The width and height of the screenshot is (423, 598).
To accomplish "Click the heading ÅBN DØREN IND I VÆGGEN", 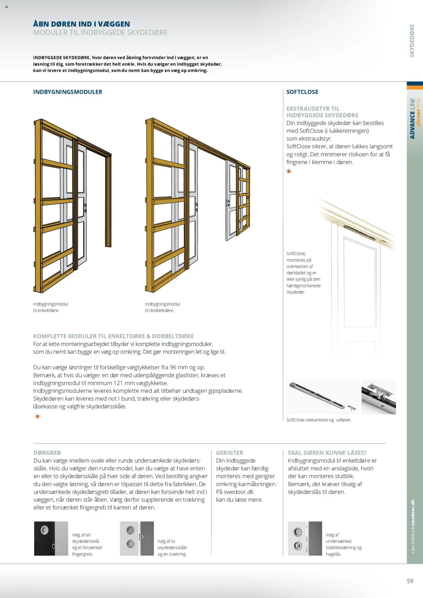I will pos(81,24).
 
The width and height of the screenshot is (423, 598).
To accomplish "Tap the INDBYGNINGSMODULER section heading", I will pos(68,92).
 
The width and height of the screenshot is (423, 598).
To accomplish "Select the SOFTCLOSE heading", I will pos(302,92).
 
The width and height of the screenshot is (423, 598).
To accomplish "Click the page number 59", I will pos(410,581).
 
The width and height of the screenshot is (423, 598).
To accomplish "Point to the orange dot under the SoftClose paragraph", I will pos(289,171).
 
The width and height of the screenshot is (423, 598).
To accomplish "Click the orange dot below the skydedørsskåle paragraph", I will pos(38,416).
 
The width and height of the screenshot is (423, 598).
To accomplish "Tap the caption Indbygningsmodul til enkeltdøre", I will pos(50,307).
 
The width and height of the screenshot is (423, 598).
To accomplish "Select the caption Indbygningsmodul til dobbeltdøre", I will pos(162,307).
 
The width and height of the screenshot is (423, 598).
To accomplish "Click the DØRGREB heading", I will pos(47,453).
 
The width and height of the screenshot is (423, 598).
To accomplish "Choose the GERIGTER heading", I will pos(230,453).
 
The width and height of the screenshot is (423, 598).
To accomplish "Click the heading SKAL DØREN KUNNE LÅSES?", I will pos(327,453).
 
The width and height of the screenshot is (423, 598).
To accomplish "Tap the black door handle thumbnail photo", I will pos(51,538).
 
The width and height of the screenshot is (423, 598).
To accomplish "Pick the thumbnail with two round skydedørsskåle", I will pos(137,538).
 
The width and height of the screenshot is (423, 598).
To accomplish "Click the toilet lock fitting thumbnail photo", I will pos(305,538).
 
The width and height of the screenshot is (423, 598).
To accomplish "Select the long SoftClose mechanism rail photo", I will pos(323,397).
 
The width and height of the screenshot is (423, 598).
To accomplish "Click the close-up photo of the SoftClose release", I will pos(379,397).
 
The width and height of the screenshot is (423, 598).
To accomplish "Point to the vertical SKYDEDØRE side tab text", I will pos(412,41).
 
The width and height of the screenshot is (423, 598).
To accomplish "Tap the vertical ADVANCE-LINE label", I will pos(412,119).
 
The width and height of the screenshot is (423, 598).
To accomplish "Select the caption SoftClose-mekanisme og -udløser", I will pos(319,420).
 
